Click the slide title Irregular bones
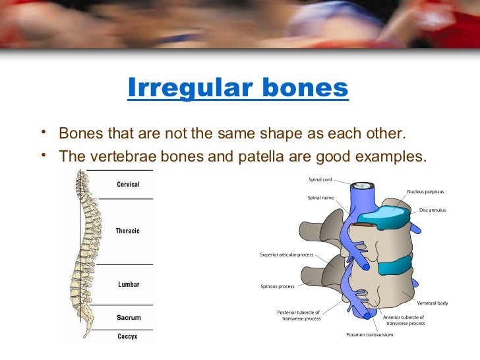tap(237, 88)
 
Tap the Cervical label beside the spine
tap(128, 185)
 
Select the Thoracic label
tap(128, 231)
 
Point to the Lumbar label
tap(128, 285)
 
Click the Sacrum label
tap(128, 317)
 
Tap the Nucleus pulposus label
tap(425, 192)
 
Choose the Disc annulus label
tap(433, 210)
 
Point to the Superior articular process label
tap(287, 254)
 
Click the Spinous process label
tap(278, 286)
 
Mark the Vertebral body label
tap(433, 303)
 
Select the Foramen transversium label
tap(369, 334)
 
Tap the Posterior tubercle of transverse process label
tap(299, 315)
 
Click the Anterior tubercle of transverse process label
tap(404, 320)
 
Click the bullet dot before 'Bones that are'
tap(44, 132)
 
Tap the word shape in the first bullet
tap(272, 133)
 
